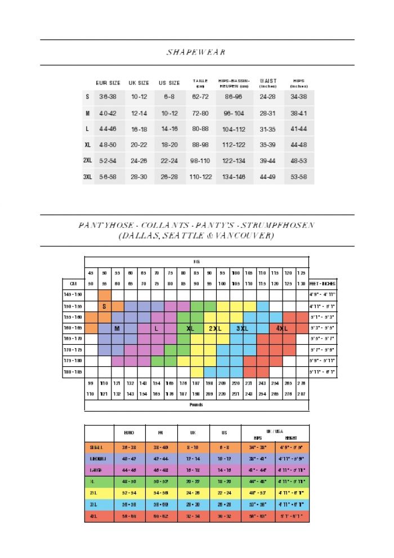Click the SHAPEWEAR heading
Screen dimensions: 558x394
tap(196, 52)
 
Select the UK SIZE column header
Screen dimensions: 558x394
tap(139, 83)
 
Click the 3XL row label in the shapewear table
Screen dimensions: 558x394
tap(87, 177)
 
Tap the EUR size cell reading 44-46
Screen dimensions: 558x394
tap(108, 129)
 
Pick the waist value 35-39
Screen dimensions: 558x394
tap(268, 145)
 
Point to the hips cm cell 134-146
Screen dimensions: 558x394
tap(234, 177)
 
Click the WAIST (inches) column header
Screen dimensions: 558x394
tap(268, 83)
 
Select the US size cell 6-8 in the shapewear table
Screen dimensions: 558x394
tap(169, 97)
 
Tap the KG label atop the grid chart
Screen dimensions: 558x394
tap(196, 262)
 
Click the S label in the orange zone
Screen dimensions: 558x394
tap(105, 307)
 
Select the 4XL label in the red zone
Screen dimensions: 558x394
tap(282, 328)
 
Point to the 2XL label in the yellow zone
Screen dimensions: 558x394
tap(214, 328)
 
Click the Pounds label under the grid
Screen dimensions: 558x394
tap(196, 404)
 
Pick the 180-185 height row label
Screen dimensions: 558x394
tap(73, 371)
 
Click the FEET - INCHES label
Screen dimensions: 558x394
tap(323, 283)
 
